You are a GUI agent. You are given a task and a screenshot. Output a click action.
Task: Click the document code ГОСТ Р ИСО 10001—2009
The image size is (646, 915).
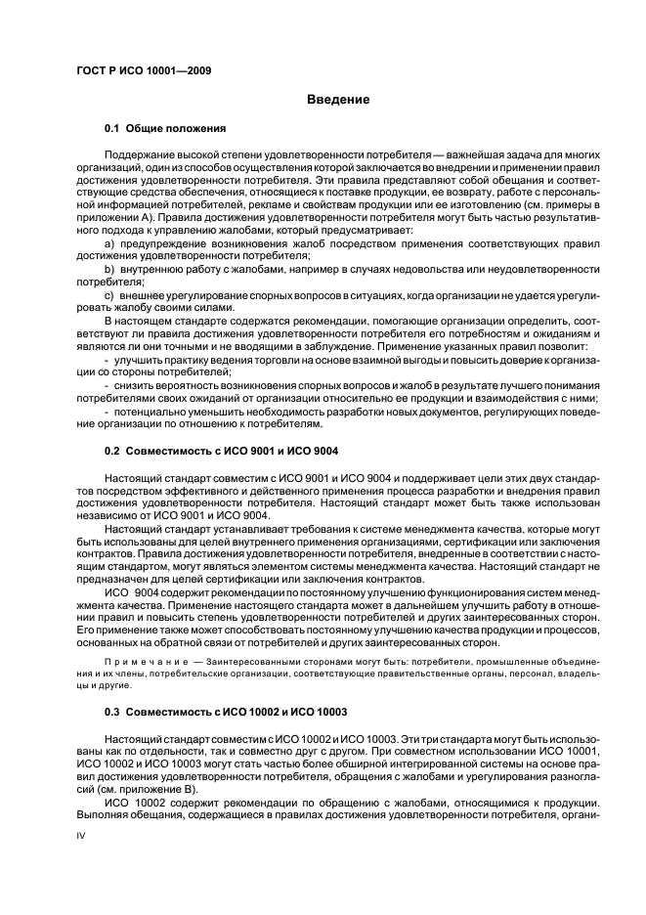tap(146, 70)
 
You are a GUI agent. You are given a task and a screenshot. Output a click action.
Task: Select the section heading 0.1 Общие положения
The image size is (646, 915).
tap(165, 128)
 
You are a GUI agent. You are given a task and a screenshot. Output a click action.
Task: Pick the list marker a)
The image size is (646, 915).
tap(109, 241)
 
